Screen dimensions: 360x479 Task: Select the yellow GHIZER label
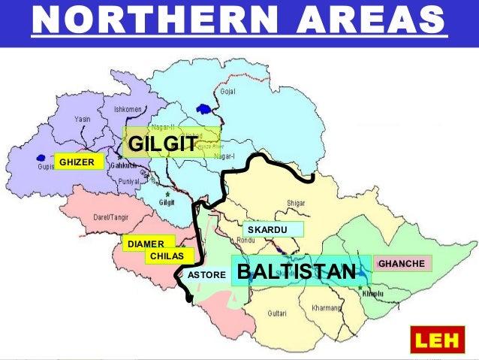[78, 161]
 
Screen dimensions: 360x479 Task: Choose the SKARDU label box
[272, 228]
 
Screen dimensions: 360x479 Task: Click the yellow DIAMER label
[147, 244]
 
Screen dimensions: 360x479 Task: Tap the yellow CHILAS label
[167, 256]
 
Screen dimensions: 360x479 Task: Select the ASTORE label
[206, 275]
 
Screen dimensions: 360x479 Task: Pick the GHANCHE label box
[403, 264]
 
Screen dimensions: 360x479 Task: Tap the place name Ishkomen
[127, 109]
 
